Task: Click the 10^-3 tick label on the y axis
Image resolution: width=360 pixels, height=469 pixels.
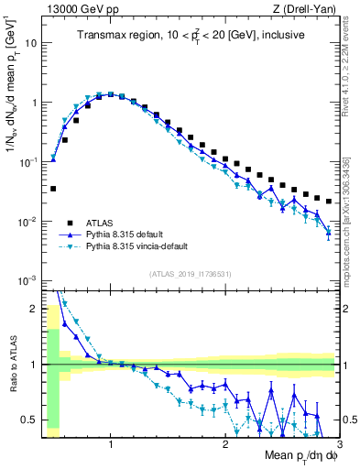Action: [x=28, y=279]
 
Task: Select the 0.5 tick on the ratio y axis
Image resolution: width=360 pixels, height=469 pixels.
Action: [x=30, y=420]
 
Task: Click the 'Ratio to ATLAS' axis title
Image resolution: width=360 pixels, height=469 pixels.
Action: [x=11, y=364]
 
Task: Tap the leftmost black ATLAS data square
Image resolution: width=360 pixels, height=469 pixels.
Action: [x=53, y=189]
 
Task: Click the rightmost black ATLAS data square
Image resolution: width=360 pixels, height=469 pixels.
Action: [x=329, y=200]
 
